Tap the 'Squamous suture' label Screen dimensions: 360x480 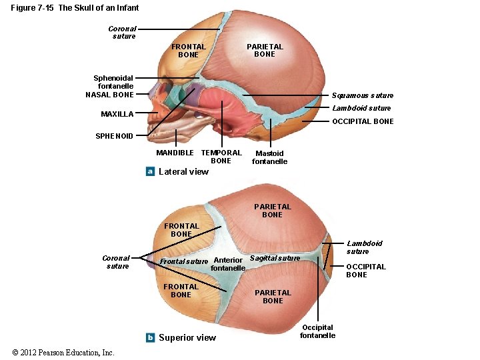click(x=362, y=95)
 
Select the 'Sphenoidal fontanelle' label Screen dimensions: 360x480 click(x=114, y=81)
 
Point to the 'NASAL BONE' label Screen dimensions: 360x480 click(x=109, y=95)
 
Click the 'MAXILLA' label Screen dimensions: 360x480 click(x=117, y=114)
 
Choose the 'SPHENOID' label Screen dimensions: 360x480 click(x=114, y=136)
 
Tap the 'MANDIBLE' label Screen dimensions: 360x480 click(x=175, y=153)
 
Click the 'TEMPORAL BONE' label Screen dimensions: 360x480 click(x=221, y=157)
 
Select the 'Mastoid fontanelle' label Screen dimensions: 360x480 click(x=269, y=157)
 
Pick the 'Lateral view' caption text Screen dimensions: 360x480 click(x=183, y=171)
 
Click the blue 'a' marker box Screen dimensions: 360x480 click(x=151, y=171)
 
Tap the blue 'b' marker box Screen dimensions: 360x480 click(x=151, y=337)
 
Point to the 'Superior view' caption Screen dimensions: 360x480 click(x=187, y=337)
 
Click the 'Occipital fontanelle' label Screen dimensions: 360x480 click(x=317, y=331)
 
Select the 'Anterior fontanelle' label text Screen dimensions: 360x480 click(x=228, y=264)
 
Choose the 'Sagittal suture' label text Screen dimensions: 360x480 click(x=275, y=258)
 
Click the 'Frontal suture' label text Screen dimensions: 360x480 click(x=184, y=261)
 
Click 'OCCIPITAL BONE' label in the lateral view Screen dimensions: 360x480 click(x=363, y=121)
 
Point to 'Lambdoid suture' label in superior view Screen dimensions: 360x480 click(x=364, y=247)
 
